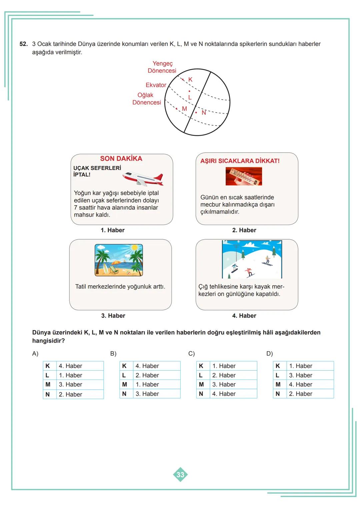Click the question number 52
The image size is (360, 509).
tap(23, 44)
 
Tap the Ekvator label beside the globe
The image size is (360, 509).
tap(156, 85)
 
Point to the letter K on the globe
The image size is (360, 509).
tap(190, 80)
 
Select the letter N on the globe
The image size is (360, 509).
tap(204, 113)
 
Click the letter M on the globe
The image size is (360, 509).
tap(184, 109)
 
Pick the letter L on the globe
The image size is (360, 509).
tap(190, 97)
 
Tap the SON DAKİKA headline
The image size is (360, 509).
tap(121, 159)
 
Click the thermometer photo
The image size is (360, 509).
tap(244, 176)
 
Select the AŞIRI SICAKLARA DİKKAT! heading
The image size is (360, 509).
tap(240, 161)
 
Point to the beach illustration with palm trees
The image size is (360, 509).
tap(119, 260)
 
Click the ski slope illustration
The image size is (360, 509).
tap(252, 259)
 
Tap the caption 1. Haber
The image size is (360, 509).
tap(113, 230)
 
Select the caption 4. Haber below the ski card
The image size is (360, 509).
tap(244, 316)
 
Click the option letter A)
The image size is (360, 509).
tap(35, 354)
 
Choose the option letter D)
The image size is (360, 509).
tap(269, 354)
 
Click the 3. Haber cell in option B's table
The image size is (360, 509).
tap(147, 394)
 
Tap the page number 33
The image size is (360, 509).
tap(180, 475)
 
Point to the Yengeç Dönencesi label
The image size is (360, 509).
tap(162, 67)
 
